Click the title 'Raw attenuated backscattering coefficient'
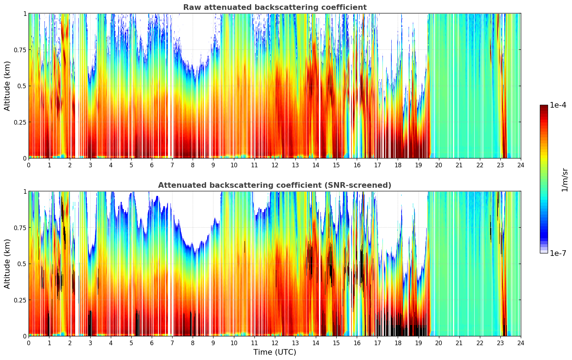coord(275,7)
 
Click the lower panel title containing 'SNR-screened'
coord(275,185)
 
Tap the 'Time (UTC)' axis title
coord(275,352)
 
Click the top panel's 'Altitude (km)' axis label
coord(7,86)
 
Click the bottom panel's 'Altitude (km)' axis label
coord(7,264)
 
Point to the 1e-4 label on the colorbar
coord(558,105)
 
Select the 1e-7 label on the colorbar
coord(558,253)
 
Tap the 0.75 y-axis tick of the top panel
coord(20,50)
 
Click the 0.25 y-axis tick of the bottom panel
coord(20,300)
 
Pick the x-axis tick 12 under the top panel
coord(275,165)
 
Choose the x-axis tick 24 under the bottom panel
coord(520,343)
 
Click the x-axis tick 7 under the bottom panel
coord(172,343)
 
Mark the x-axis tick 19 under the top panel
coord(418,165)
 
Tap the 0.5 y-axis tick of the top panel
coord(22,86)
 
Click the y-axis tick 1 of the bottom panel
coord(25,192)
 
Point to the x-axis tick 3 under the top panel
coord(90,165)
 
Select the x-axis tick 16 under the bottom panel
coord(357,343)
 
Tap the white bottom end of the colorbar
coord(544,252)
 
